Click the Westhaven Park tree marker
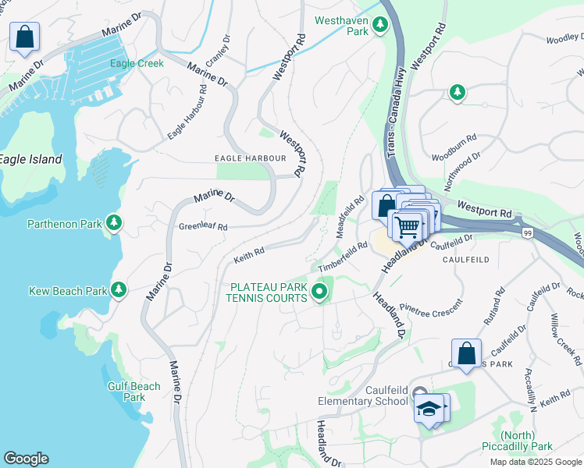pyautogui.click(x=379, y=25)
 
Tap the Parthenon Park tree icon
pyautogui.click(x=114, y=224)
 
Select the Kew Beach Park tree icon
pyautogui.click(x=119, y=290)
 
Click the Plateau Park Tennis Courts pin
pyautogui.click(x=319, y=292)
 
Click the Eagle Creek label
pyautogui.click(x=137, y=63)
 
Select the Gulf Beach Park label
pyautogui.click(x=134, y=392)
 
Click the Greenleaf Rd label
pyautogui.click(x=203, y=227)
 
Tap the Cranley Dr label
pyautogui.click(x=217, y=50)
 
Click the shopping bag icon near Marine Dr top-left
pyautogui.click(x=24, y=36)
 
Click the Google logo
pyautogui.click(x=26, y=459)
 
